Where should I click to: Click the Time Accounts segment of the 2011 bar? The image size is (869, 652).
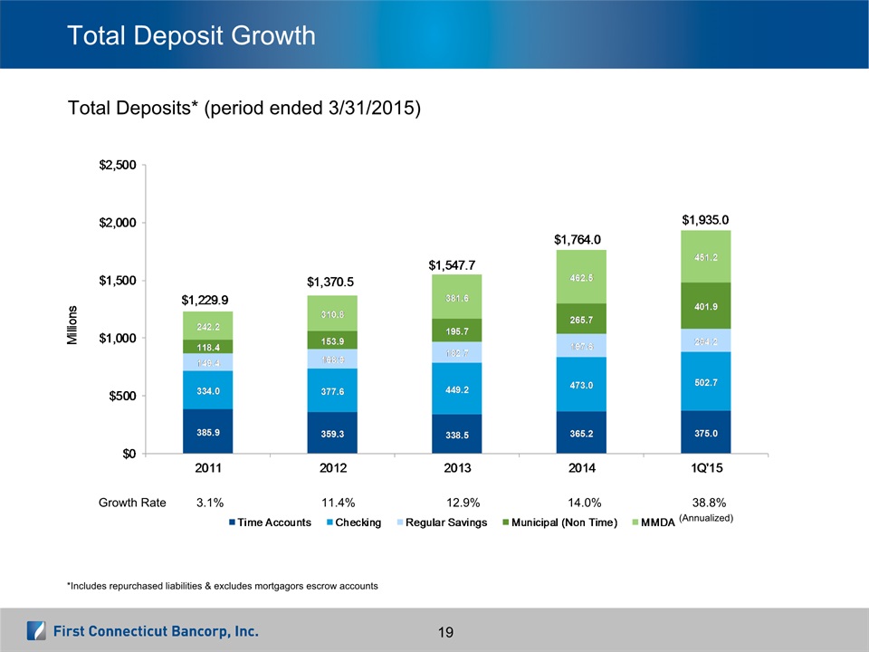208,431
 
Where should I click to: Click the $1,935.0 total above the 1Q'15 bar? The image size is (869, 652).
704,219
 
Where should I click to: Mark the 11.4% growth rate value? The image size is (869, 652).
337,502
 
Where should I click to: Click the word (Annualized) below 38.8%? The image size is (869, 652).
704,518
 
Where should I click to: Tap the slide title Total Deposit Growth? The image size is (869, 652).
192,36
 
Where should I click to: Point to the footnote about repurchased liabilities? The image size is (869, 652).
222,586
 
